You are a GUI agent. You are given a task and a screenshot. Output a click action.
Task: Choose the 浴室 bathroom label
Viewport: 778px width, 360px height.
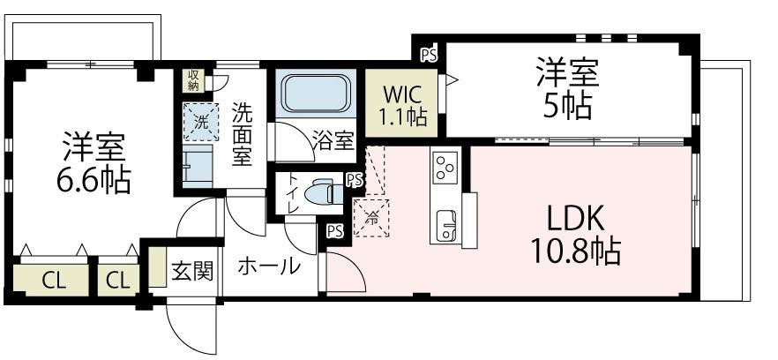334,141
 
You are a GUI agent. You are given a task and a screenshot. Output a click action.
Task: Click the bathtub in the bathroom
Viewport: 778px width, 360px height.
317,92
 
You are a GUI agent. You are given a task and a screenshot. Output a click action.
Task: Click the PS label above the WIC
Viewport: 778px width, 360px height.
429,55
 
